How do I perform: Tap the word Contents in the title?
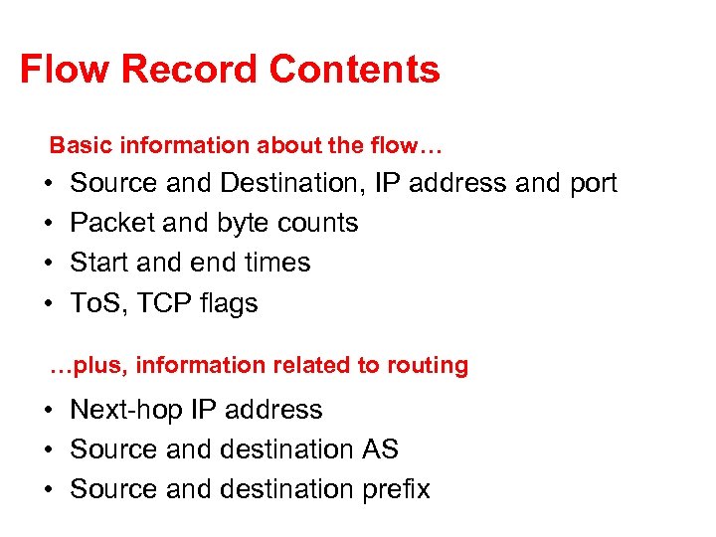click(354, 70)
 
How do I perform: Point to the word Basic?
click(82, 145)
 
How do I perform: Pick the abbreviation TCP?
click(159, 303)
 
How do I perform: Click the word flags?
click(228, 303)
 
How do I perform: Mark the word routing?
click(427, 366)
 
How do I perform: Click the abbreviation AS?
click(381, 449)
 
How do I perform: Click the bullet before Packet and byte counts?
click(48, 223)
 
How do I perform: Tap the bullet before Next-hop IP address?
click(48, 410)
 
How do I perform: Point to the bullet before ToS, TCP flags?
click(48, 303)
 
